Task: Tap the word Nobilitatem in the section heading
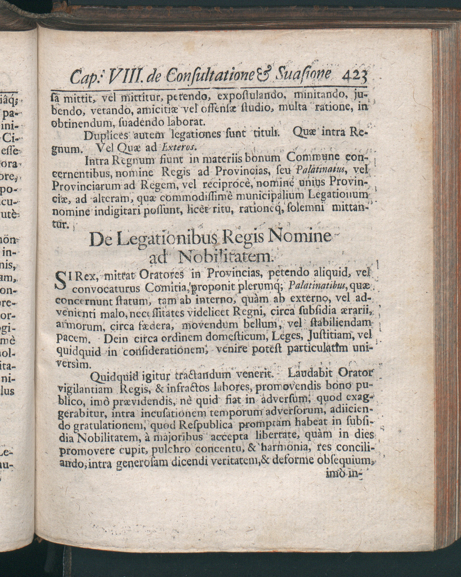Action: point(224,257)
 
